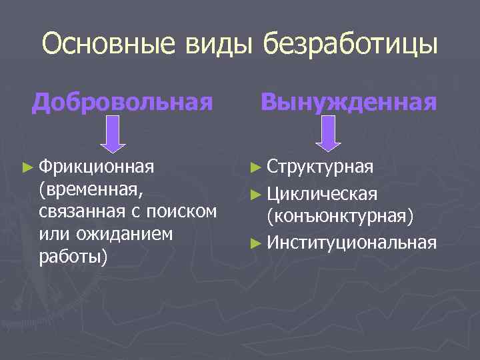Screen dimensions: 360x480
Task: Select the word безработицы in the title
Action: pos(351,45)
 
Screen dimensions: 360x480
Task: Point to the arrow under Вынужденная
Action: pos(328,135)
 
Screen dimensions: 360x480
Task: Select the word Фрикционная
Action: pos(96,165)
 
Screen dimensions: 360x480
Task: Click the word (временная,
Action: pos(91,189)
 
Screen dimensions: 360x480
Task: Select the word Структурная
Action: pos(321,165)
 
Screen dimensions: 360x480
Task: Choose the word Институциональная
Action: pos(351,242)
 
